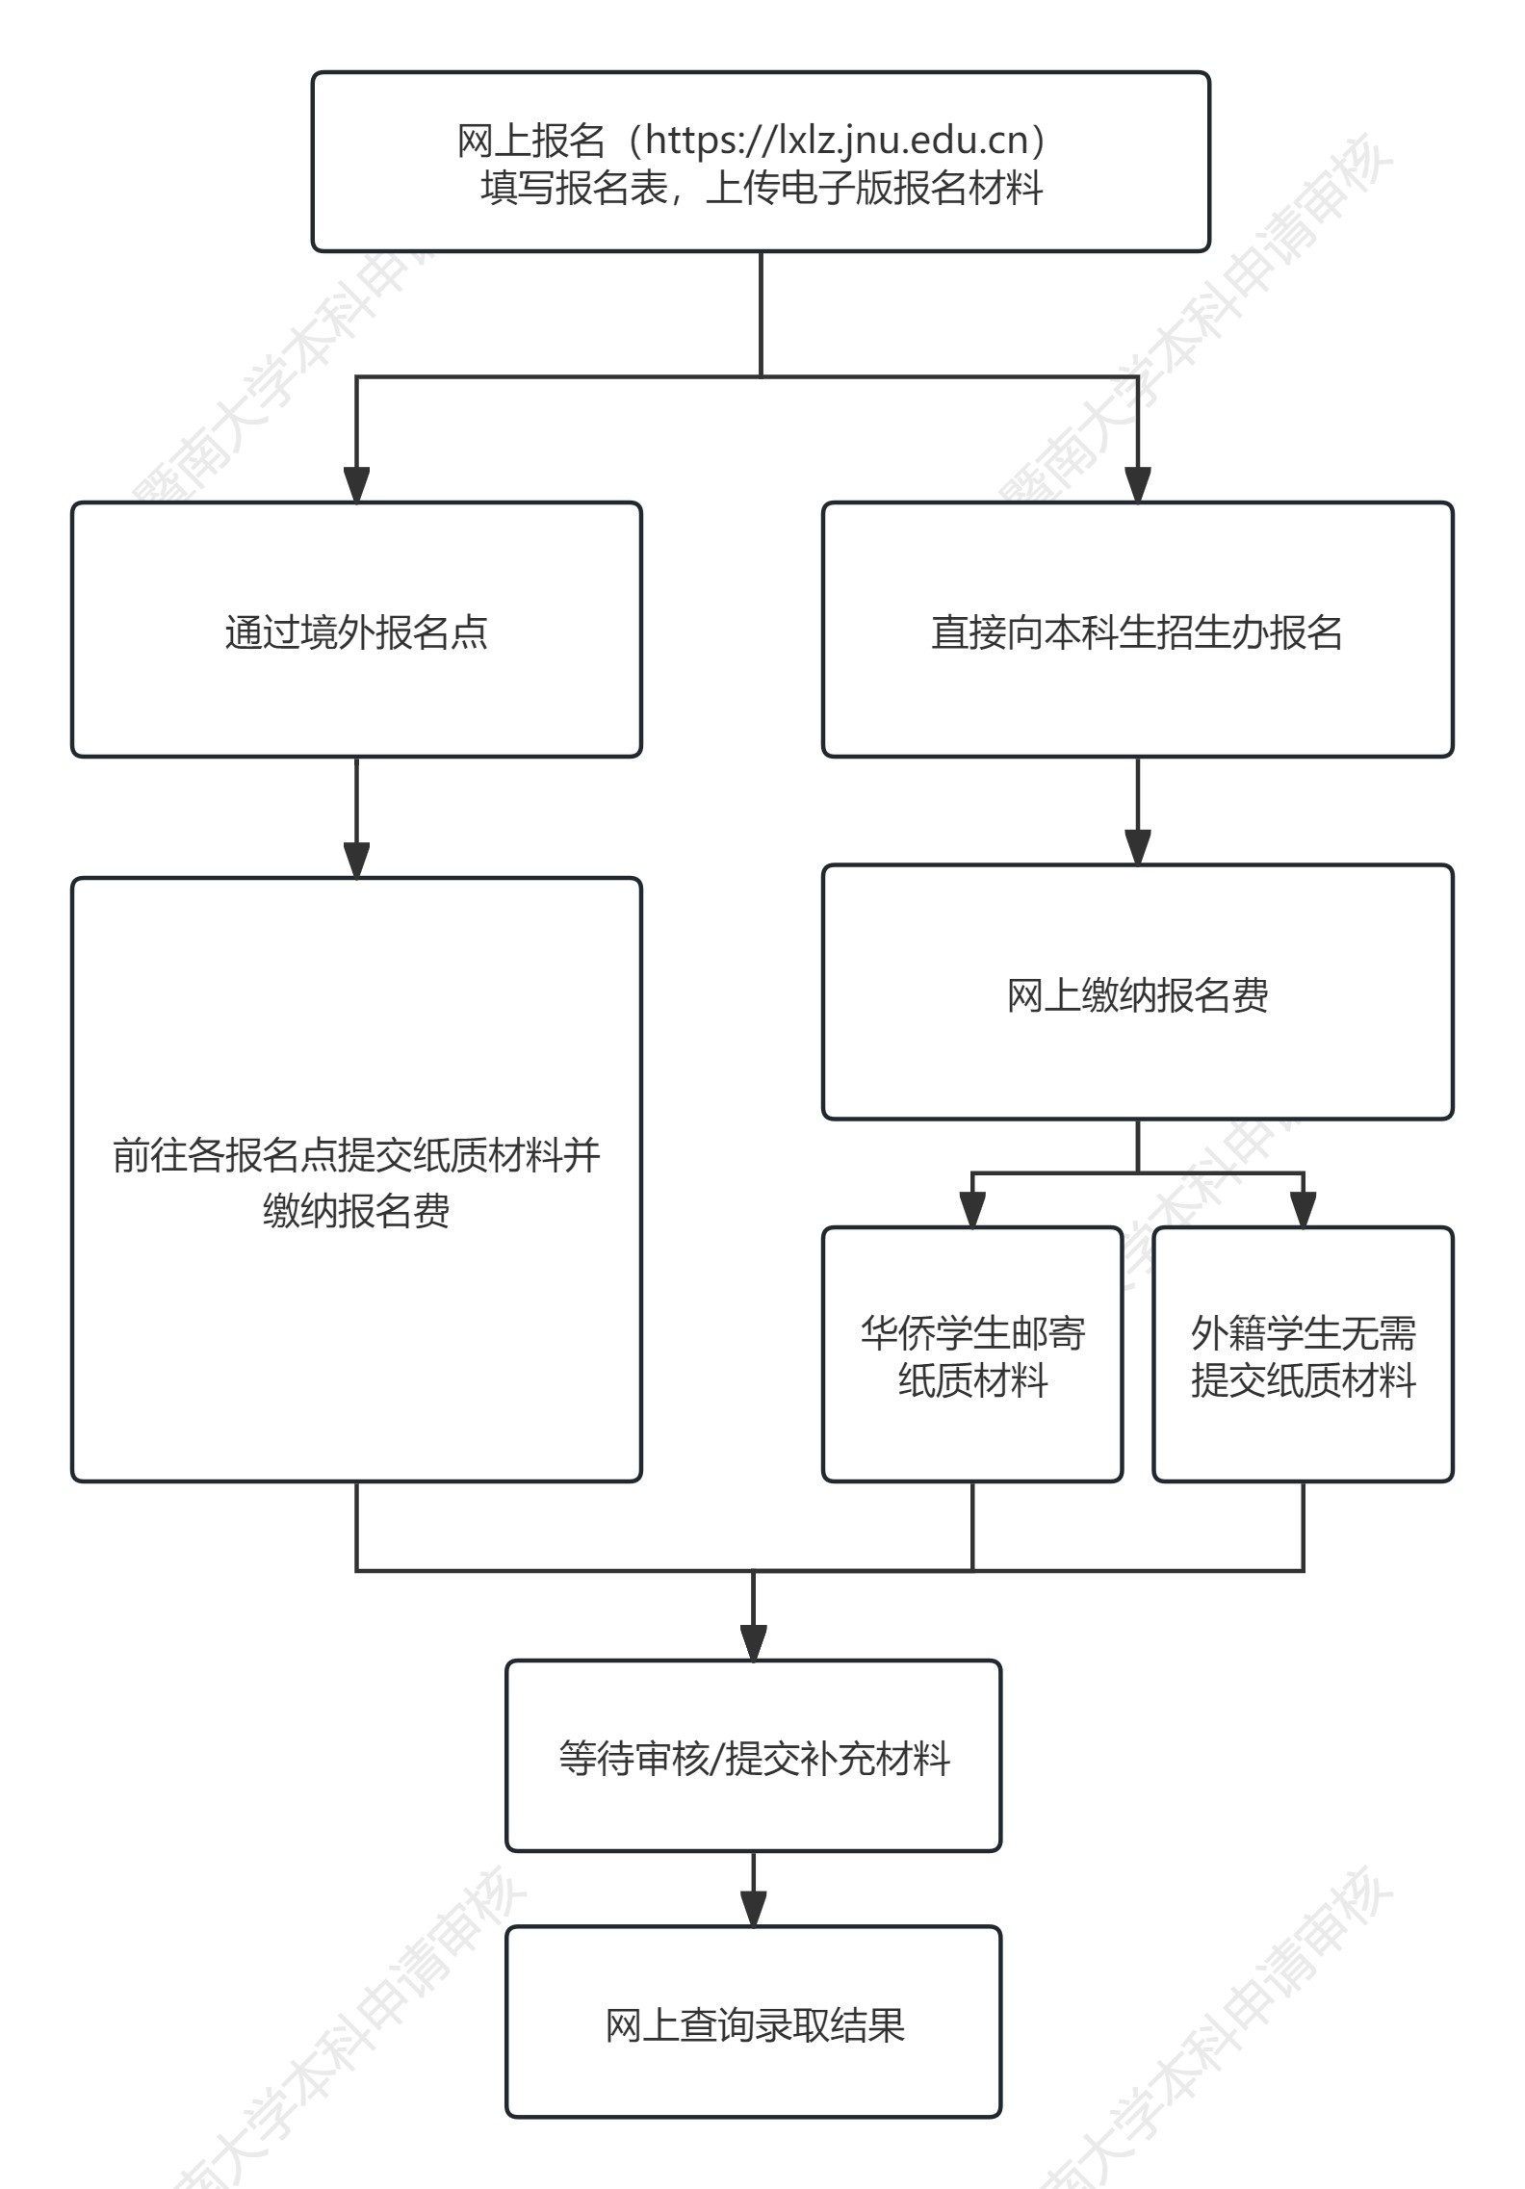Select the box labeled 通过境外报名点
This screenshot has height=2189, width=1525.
coord(356,630)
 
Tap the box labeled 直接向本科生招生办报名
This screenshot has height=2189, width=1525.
coord(1137,630)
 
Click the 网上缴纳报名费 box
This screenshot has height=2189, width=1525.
coord(1137,992)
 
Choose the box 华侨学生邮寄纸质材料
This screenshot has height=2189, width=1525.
coord(972,1354)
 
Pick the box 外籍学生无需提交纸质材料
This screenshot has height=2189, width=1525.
coord(1303,1354)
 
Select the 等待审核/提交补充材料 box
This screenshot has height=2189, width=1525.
coord(754,1756)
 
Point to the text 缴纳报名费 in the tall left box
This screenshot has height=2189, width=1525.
coord(356,1211)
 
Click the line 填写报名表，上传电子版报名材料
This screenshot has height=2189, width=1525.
coord(762,188)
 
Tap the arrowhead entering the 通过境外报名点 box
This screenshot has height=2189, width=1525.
coord(356,485)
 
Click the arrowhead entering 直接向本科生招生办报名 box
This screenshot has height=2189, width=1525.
coord(1138,485)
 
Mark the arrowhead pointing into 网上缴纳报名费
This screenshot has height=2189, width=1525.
coord(1138,848)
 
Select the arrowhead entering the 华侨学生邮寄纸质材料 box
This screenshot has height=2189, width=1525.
coord(972,1210)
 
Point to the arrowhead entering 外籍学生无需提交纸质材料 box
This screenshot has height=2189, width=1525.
coord(1303,1210)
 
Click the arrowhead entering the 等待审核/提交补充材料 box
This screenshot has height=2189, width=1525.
coord(753,1643)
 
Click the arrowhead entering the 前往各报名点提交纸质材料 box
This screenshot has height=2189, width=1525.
coord(356,861)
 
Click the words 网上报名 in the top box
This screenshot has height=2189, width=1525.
coord(530,142)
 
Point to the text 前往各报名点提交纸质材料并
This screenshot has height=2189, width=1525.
coord(356,1155)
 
